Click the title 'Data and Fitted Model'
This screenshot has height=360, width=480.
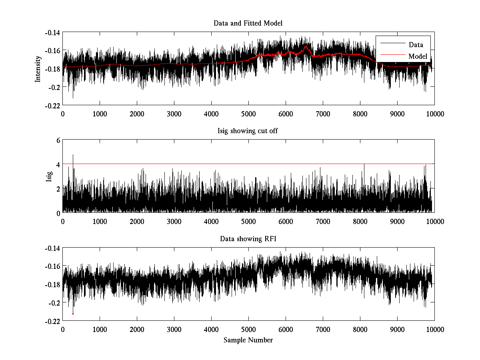coord(248,23)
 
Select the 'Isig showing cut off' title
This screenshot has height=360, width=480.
coord(248,131)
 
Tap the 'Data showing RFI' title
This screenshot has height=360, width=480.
coord(248,239)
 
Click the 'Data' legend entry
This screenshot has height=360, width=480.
coord(416,45)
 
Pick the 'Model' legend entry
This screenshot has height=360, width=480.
coord(418,56)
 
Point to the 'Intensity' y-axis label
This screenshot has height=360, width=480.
coord(38,68)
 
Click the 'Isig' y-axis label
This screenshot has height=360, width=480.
coord(49,176)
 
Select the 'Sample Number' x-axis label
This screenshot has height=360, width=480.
coord(248,340)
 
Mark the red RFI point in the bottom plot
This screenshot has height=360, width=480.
coord(73,314)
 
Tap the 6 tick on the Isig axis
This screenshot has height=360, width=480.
coord(58,140)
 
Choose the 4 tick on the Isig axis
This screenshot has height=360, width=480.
coord(58,164)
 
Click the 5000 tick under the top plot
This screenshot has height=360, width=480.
coord(248,114)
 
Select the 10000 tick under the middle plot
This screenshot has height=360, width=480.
coord(434,222)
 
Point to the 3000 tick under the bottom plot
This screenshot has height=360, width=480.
coord(174,330)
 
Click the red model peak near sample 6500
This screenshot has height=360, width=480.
coord(306,46)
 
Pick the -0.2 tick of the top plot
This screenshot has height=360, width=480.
coord(54,87)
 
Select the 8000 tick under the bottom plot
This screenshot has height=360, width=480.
coord(360,330)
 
